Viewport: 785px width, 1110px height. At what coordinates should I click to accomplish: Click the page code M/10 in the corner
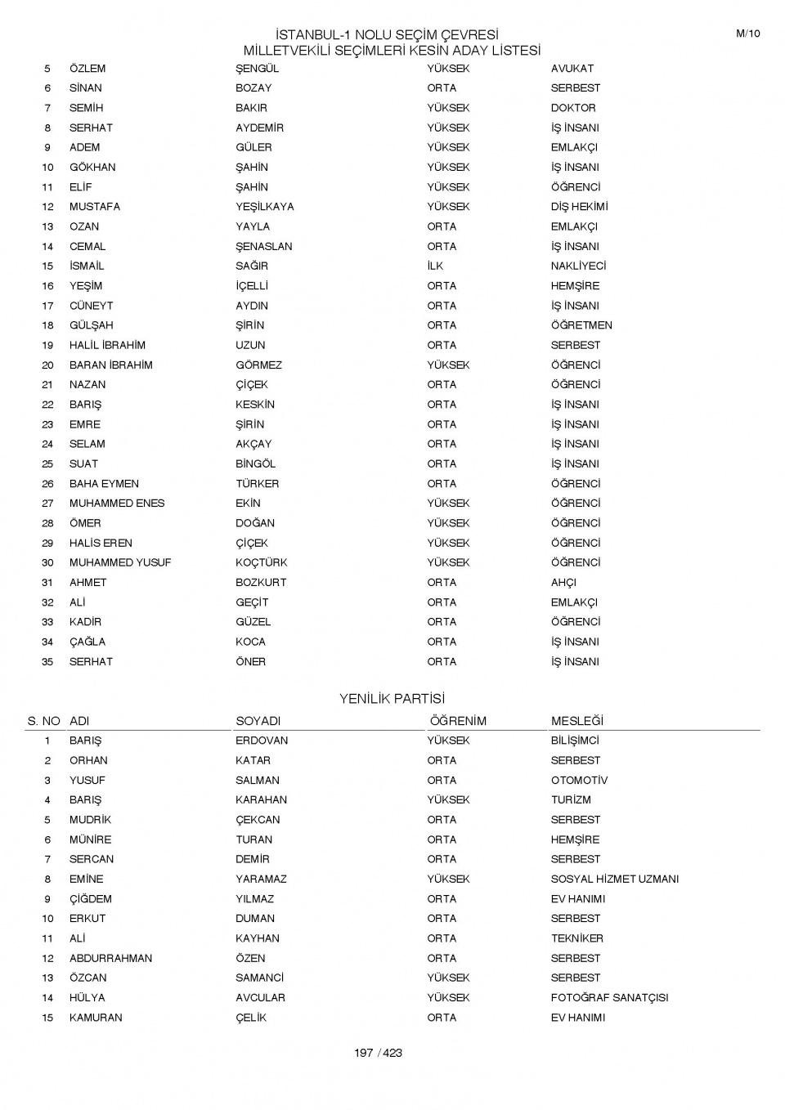point(747,34)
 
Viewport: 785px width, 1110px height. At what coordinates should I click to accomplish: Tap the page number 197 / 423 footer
point(378,1053)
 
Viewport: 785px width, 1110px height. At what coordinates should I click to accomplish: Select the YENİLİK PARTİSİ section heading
point(392,699)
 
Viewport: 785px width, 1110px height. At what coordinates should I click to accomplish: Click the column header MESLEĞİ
point(576,721)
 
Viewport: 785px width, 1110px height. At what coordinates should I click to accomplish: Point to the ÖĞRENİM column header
point(458,721)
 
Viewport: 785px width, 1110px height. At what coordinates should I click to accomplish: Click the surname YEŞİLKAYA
point(264,207)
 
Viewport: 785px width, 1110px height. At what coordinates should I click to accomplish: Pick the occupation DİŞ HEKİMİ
point(579,207)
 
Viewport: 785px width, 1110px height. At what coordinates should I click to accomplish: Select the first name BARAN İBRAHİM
point(110,365)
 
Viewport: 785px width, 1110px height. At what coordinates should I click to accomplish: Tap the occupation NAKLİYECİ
point(578,266)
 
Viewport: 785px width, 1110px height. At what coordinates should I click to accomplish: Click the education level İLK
point(435,266)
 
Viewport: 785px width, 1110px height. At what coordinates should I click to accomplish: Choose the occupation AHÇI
point(563,583)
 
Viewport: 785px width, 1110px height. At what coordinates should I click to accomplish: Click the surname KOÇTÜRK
point(261,563)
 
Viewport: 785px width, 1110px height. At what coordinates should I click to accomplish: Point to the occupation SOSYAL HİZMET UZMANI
point(614,879)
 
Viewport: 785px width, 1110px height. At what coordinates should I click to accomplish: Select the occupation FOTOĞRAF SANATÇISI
point(609,998)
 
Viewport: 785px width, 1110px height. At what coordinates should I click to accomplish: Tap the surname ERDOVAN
point(262,741)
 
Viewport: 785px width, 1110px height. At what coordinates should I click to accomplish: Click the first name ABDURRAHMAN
point(110,958)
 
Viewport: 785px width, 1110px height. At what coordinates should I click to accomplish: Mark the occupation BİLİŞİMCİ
point(575,741)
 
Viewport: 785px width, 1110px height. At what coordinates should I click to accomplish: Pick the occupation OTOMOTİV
point(579,781)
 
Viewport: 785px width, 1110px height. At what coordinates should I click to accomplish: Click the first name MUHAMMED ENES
point(117,504)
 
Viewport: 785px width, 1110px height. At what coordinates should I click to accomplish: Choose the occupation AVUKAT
point(572,69)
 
